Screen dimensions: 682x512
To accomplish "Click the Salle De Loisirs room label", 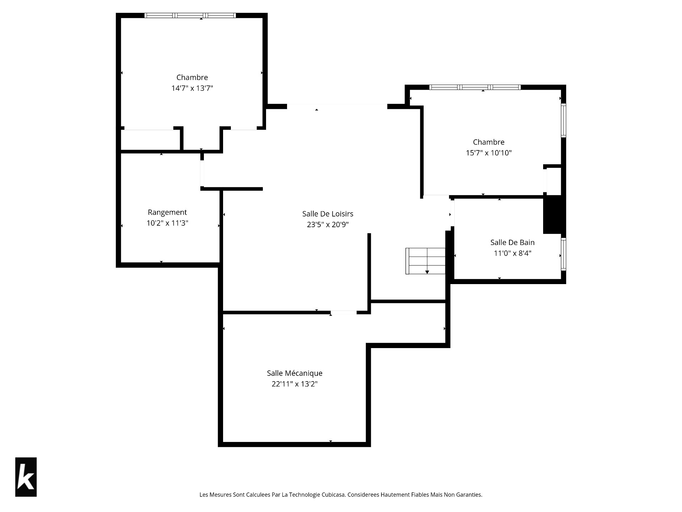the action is tap(328, 214).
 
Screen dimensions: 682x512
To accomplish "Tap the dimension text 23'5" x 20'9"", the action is tap(328, 225).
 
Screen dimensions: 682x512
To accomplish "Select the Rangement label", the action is tap(167, 212).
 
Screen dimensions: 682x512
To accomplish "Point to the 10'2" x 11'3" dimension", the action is tap(167, 223).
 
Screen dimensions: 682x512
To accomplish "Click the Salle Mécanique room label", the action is tap(295, 373).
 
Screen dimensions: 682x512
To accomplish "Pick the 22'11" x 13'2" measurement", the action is tap(295, 384).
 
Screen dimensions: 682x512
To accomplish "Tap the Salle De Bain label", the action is tap(513, 242).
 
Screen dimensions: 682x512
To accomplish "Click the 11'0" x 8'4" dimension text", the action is tap(513, 254).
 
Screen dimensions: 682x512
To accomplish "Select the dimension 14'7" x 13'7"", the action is tap(192, 88).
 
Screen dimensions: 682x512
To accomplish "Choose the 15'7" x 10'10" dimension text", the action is tap(489, 153).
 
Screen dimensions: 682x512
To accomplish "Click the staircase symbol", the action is tap(426, 261).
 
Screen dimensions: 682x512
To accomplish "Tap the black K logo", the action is tap(26, 477).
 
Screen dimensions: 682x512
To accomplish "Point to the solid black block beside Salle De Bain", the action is tap(552, 214).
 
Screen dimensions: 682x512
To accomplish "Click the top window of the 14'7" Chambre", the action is tap(190, 15).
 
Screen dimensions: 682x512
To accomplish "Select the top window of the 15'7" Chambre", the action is tap(475, 87).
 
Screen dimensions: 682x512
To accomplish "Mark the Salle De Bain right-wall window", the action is tap(563, 255).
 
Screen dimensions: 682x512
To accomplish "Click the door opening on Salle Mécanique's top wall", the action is tap(343, 313).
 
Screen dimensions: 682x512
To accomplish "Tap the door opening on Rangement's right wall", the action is tap(202, 174).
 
